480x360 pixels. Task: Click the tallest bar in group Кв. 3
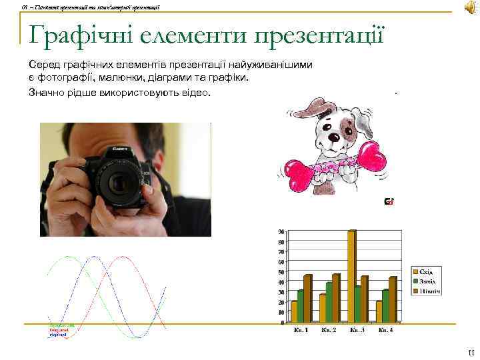[351, 276]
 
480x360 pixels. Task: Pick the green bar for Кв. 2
[329, 301]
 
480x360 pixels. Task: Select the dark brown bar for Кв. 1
[307, 297]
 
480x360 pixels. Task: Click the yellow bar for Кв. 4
[379, 311]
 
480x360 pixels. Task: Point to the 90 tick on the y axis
[281, 231]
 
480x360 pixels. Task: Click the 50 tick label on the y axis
[281, 272]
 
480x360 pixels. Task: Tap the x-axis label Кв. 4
[386, 330]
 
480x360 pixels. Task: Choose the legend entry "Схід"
[426, 272]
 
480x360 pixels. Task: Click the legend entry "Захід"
[426, 281]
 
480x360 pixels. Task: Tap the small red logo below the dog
[389, 201]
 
